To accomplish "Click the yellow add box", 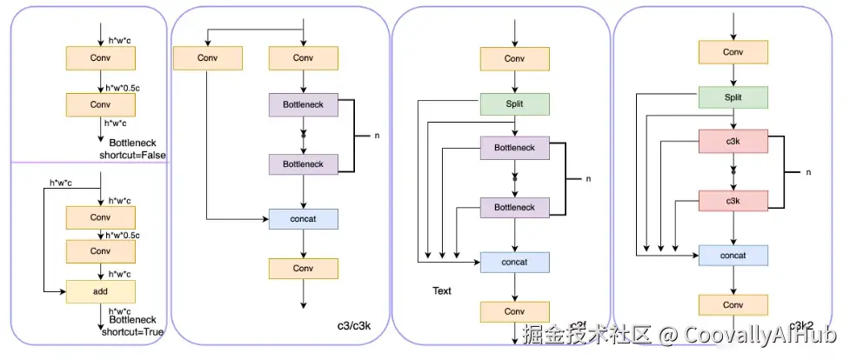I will click(102, 291).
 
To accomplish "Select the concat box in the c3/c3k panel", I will click(303, 219).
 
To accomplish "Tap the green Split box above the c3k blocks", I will click(733, 97).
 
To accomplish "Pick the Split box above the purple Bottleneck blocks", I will click(515, 104).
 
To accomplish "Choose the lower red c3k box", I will click(733, 201).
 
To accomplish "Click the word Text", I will click(442, 291).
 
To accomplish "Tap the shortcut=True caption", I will click(130, 331).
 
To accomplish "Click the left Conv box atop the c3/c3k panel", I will click(207, 58).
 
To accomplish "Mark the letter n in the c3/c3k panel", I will click(377, 137).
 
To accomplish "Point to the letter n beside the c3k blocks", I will click(808, 172).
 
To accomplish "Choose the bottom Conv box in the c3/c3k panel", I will click(303, 269).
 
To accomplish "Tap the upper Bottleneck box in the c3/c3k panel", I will click(303, 105).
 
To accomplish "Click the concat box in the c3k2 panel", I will click(733, 255).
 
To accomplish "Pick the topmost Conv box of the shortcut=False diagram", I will click(102, 58).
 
